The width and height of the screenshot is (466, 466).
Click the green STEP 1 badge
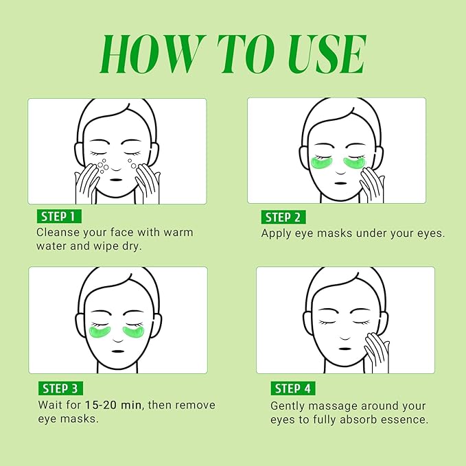point(59,217)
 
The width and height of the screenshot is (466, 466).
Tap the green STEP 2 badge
point(283,217)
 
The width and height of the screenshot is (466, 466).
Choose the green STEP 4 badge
point(292,389)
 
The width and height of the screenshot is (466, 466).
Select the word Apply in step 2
point(279,233)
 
